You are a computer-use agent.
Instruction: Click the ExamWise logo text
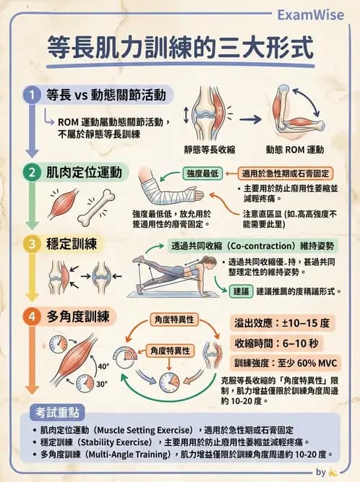pyautogui.click(x=309, y=14)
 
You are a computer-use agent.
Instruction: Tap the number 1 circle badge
pyautogui.click(x=31, y=95)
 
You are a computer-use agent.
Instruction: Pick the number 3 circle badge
pyautogui.click(x=31, y=244)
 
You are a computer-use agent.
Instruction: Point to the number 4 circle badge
pyautogui.click(x=31, y=316)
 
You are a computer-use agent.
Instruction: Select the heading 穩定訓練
pyautogui.click(x=72, y=244)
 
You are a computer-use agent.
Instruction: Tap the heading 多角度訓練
pyautogui.click(x=78, y=316)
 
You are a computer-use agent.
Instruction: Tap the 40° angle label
pyautogui.click(x=103, y=366)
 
